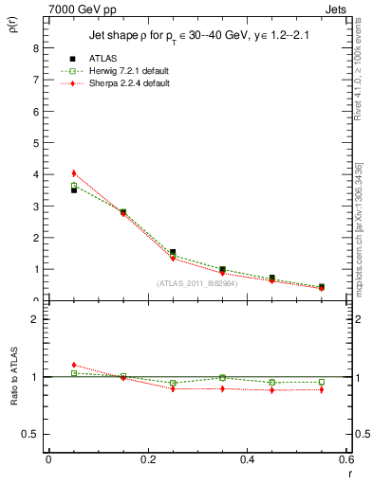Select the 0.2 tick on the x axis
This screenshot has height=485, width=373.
(x=147, y=459)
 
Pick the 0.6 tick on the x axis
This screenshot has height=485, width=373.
(x=346, y=459)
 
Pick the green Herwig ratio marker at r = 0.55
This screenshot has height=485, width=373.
(x=322, y=382)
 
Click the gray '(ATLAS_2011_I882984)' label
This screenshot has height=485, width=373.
(x=196, y=283)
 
